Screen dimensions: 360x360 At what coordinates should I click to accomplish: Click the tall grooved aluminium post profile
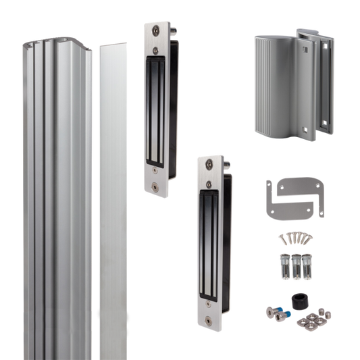pyautogui.click(x=58, y=203)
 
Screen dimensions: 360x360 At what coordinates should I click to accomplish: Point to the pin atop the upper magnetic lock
pyautogui.click(x=175, y=30)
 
